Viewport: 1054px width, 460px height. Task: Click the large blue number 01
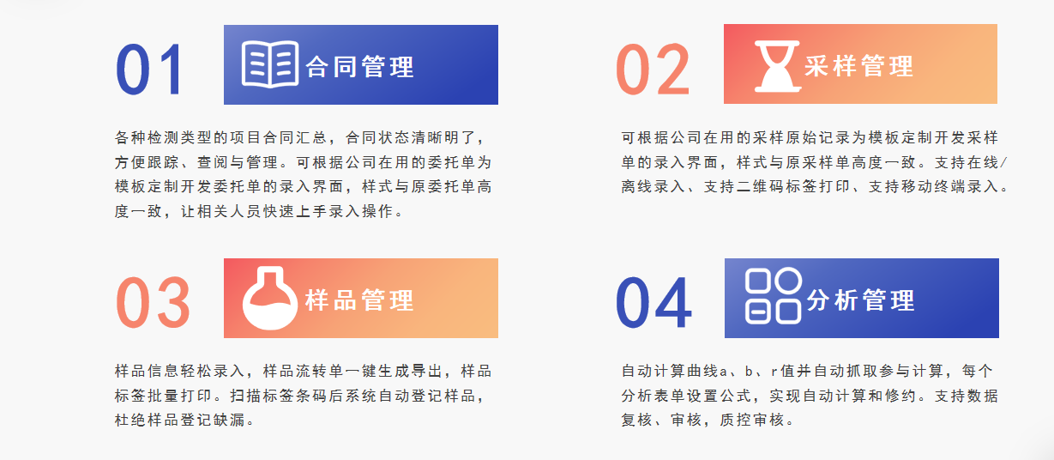click(149, 70)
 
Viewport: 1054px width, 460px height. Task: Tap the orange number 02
click(653, 70)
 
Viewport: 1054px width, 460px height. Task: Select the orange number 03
click(153, 302)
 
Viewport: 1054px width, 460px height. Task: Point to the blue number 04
click(653, 302)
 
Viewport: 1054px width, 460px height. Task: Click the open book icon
click(270, 64)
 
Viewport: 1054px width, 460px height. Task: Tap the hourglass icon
click(777, 66)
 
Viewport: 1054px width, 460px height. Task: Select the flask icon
click(269, 298)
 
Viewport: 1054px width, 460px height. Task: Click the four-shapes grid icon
click(773, 296)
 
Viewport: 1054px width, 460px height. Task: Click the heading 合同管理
click(360, 66)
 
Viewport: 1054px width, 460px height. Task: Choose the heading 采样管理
click(859, 66)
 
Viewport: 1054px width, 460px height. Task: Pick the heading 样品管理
click(360, 300)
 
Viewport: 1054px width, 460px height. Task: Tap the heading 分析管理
click(861, 300)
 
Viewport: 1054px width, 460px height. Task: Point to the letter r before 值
click(774, 372)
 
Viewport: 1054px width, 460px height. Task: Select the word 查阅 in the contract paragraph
click(213, 162)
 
